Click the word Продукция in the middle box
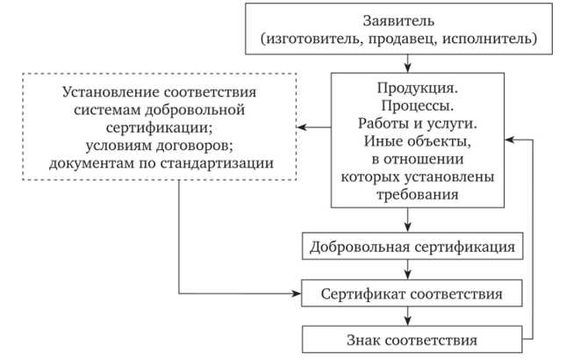(x=417, y=89)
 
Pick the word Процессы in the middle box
(x=417, y=106)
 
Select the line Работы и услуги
(x=417, y=124)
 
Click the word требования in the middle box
(x=417, y=195)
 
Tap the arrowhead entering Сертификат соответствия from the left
(x=297, y=292)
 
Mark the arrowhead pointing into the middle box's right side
(x=512, y=140)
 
